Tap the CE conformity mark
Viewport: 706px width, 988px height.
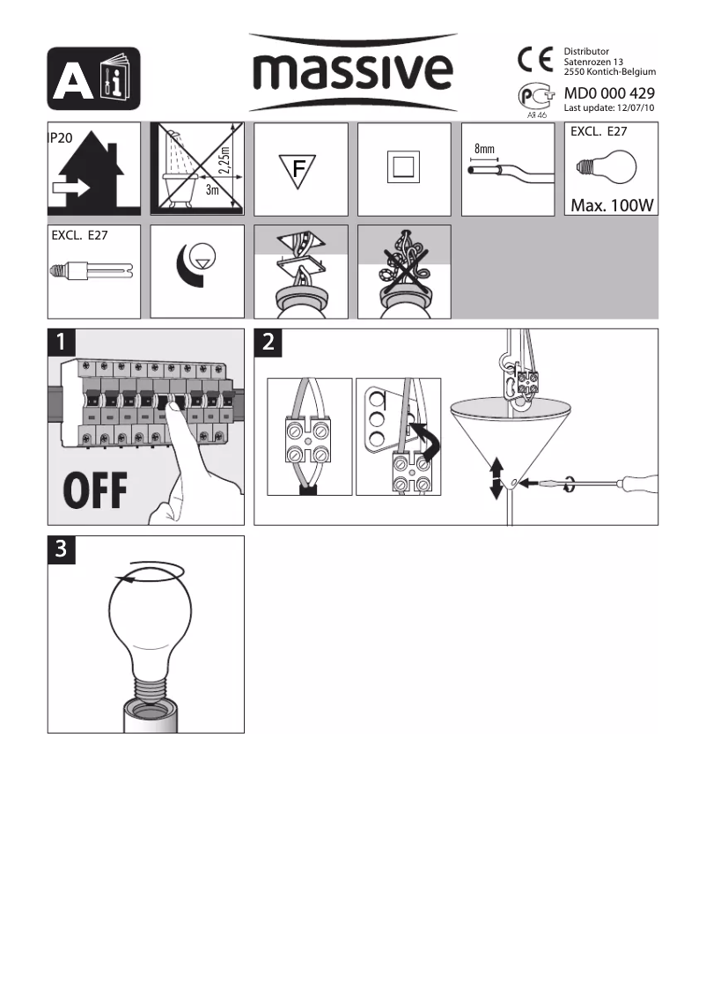[x=534, y=60]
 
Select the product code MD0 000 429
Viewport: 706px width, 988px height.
[x=609, y=93]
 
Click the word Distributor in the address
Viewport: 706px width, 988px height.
[x=586, y=52]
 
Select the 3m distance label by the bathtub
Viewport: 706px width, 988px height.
[x=211, y=189]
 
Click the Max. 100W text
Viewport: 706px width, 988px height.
[x=611, y=205]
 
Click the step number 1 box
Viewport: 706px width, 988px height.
[x=62, y=343]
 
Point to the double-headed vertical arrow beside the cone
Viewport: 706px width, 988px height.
[x=496, y=476]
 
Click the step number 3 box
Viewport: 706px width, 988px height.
[x=62, y=549]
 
